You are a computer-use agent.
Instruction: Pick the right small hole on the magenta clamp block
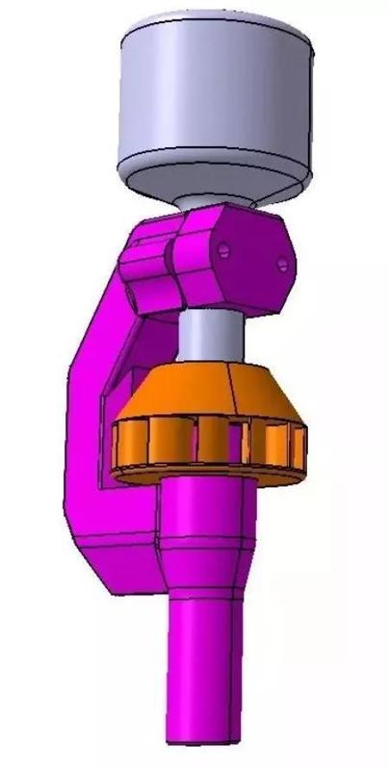[282, 262]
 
